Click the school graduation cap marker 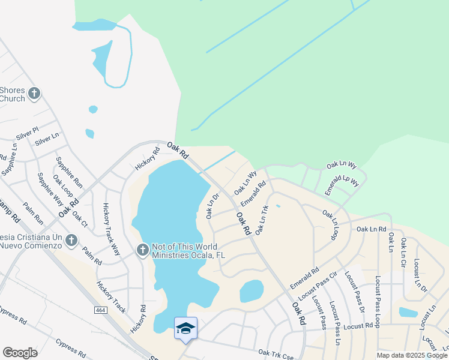(185, 328)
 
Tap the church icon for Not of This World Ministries (142, 250)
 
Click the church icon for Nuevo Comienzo (71, 241)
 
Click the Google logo (20, 353)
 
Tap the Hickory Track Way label (111, 229)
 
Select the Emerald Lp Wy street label (342, 182)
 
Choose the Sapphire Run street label (69, 173)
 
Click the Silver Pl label (27, 133)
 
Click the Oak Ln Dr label (212, 205)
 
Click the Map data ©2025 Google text (411, 355)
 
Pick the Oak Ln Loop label (330, 224)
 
